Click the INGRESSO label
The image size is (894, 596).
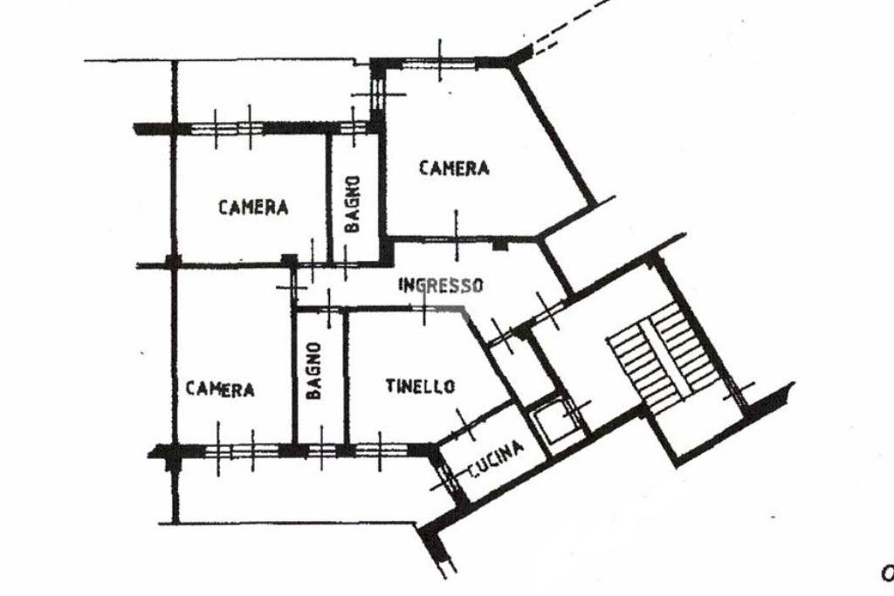[440, 284]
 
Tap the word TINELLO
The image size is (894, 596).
[420, 386]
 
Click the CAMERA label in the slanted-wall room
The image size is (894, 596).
[454, 168]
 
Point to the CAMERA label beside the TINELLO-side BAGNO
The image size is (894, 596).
[220, 389]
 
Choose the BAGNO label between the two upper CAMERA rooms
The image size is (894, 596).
[352, 204]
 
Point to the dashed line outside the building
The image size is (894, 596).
[572, 26]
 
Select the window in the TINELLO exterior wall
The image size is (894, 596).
[381, 450]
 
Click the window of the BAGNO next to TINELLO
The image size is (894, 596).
[322, 450]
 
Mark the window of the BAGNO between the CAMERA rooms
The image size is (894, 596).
[353, 127]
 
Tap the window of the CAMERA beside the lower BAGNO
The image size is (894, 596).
[234, 450]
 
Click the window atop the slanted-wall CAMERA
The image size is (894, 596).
[440, 62]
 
